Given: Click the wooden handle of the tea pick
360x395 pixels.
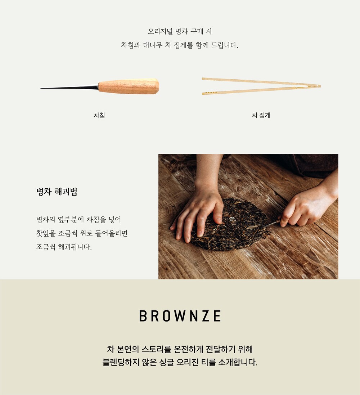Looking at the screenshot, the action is [129, 86].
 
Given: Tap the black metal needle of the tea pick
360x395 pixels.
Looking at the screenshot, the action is [69, 87].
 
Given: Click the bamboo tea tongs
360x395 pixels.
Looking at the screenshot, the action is [261, 86].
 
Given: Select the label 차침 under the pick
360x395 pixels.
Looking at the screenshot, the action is [99, 115].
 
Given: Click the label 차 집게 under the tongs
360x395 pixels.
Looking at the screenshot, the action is [261, 115].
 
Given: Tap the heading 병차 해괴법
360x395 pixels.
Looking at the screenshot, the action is [57, 192].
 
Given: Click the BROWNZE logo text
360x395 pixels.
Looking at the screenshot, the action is [180, 316].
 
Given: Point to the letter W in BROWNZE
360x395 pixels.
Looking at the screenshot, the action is [180, 316].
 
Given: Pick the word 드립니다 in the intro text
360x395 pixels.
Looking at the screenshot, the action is [225, 45].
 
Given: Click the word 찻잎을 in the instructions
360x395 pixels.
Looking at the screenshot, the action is [46, 233].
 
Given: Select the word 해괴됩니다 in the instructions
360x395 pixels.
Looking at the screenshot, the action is [75, 247].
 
